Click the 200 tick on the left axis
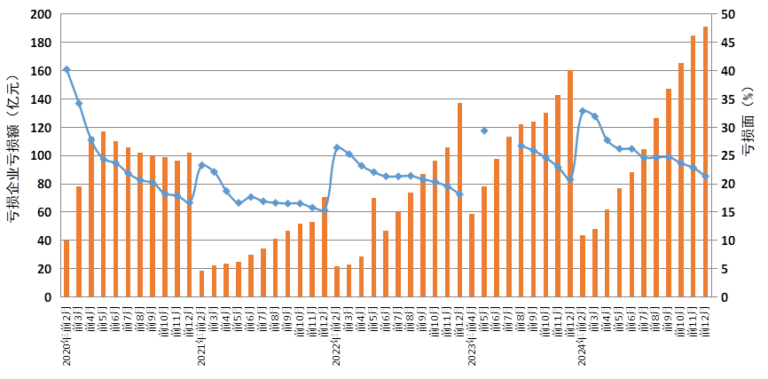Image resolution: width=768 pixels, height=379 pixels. (42, 15)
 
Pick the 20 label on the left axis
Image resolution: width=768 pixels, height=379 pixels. (44, 269)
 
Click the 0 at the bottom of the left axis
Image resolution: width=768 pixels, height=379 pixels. (48, 297)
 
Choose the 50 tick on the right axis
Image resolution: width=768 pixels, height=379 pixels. (726, 15)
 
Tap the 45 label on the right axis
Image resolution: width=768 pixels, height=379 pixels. (726, 43)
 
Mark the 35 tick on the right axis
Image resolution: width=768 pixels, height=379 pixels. (726, 99)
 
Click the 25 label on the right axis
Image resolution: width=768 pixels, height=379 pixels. (726, 156)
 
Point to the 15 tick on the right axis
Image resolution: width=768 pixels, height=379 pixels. (726, 212)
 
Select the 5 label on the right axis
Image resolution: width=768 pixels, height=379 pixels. (724, 269)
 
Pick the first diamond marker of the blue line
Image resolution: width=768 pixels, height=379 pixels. (67, 69)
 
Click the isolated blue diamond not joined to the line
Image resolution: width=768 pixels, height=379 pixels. (484, 130)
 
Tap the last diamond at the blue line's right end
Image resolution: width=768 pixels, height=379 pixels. (706, 177)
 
